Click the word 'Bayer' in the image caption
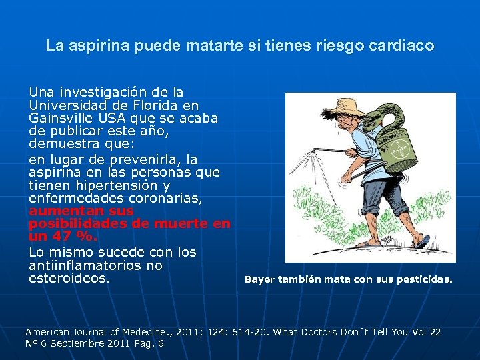(x=259, y=280)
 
